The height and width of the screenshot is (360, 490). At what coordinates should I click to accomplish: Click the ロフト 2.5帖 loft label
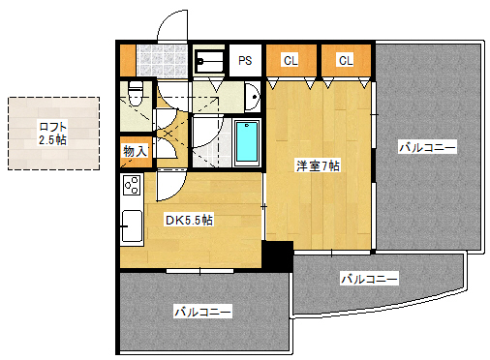tap(52, 134)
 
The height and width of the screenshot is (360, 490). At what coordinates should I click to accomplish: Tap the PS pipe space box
tap(246, 61)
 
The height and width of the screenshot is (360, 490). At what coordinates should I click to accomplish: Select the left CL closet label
tap(291, 61)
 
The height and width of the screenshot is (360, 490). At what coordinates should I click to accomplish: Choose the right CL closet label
tap(346, 61)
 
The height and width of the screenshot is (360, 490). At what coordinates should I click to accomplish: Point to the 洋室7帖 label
tap(318, 165)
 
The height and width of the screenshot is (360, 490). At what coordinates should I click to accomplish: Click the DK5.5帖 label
tap(189, 221)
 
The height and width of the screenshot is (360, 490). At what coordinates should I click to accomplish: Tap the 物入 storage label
tap(135, 151)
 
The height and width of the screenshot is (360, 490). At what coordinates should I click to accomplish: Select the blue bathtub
tap(247, 141)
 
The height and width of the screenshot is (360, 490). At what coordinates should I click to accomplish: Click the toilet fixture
tap(135, 95)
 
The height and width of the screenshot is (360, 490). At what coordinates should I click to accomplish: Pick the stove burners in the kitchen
tap(131, 185)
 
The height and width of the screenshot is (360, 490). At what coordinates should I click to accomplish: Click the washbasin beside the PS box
tap(251, 97)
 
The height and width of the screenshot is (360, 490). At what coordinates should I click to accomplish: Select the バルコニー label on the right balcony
tap(427, 148)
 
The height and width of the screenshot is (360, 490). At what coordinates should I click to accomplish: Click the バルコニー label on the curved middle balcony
tap(369, 279)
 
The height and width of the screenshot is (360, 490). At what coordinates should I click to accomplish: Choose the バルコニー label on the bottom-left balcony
tap(202, 312)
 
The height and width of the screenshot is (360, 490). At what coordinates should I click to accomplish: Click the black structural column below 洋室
tap(278, 256)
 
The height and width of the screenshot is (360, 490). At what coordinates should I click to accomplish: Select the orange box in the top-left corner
tap(127, 60)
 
